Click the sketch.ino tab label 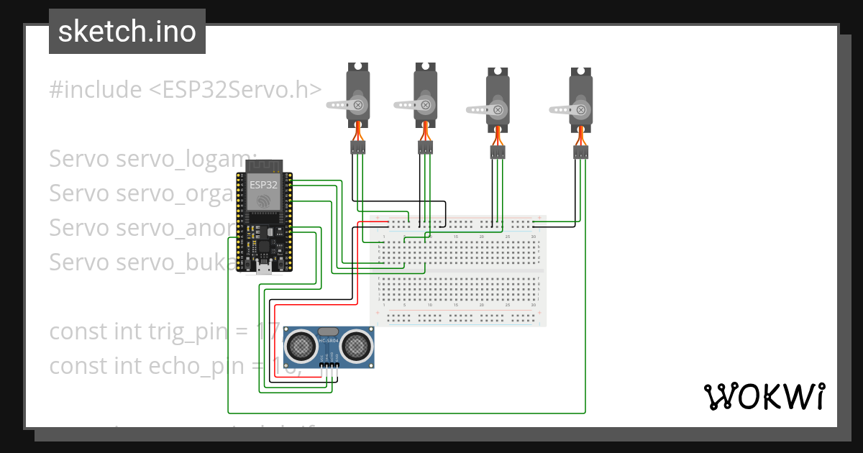click(127, 32)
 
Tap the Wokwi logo click(763, 396)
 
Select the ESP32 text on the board click(264, 185)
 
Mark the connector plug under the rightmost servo click(580, 152)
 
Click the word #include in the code click(96, 90)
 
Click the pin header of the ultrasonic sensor click(329, 367)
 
